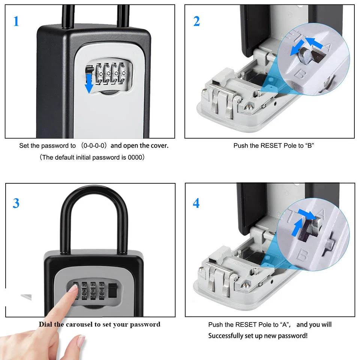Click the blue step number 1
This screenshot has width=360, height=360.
[x=16, y=21]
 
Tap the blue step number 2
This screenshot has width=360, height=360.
[x=196, y=21]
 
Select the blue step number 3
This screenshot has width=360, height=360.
[x=16, y=203]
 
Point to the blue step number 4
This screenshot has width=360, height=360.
[x=196, y=203]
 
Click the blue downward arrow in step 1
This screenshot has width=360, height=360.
[x=89, y=83]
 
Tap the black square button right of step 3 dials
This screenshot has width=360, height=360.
[x=112, y=291]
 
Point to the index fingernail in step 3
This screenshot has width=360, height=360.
[x=73, y=288]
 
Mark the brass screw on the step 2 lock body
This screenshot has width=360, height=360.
[x=248, y=107]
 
